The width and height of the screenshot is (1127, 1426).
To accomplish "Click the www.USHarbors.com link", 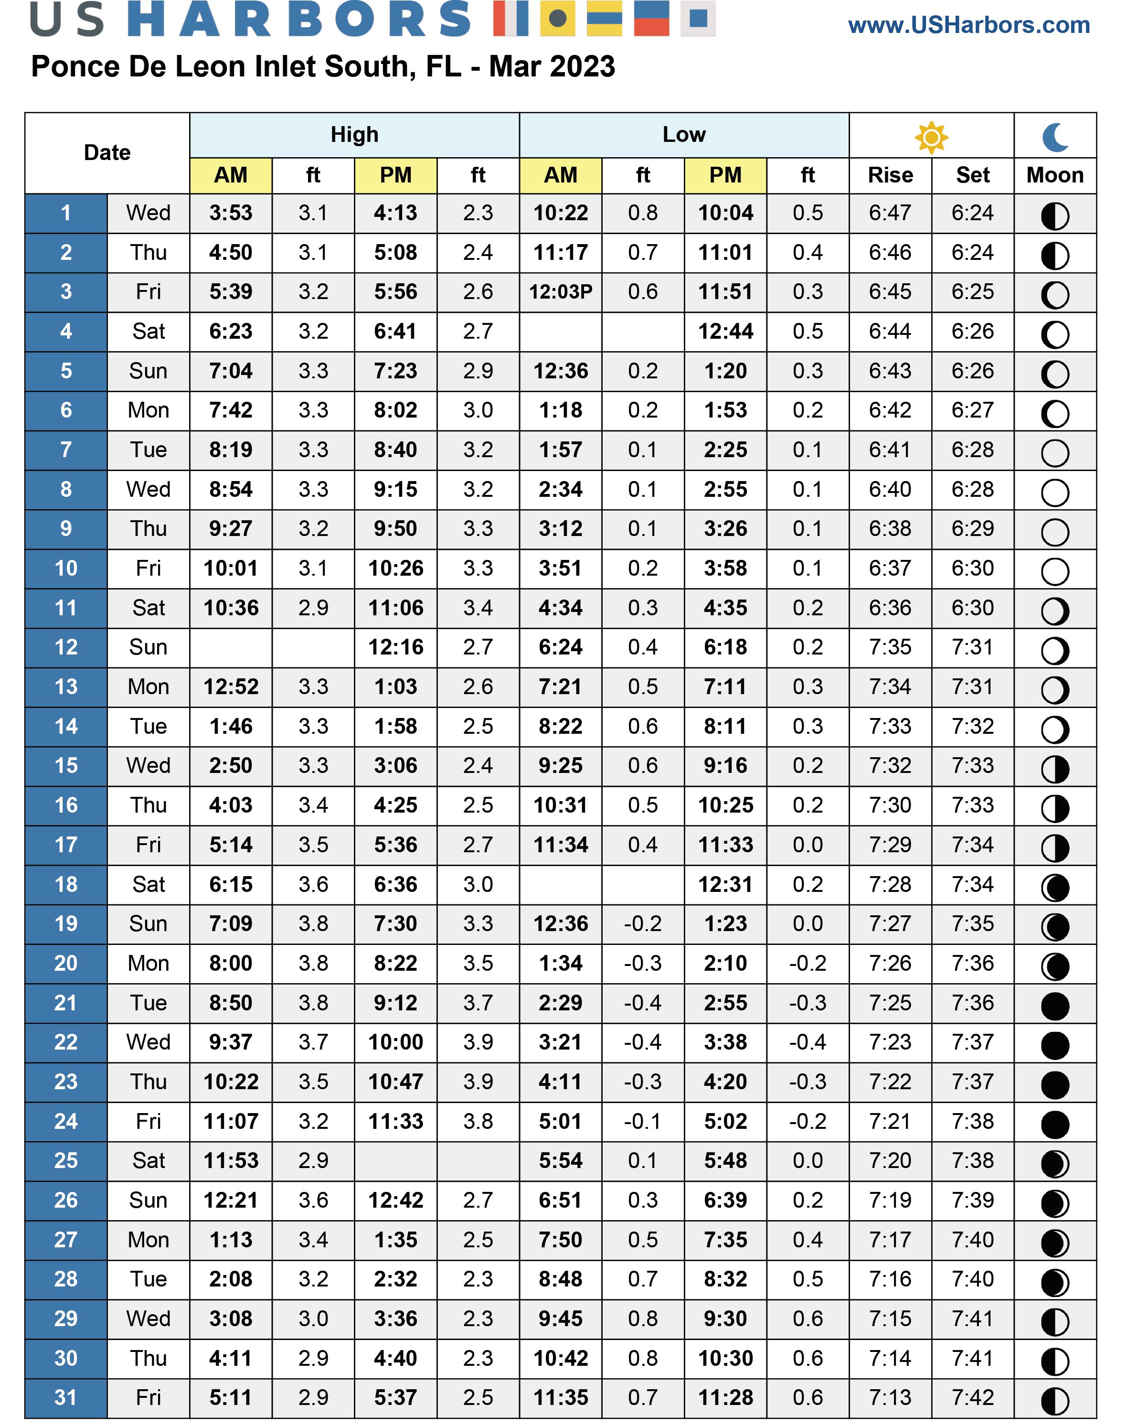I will pos(968,25).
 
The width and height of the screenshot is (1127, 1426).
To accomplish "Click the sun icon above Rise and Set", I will pos(931,137).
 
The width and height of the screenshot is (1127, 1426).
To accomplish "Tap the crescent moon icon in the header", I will pos(1054,137).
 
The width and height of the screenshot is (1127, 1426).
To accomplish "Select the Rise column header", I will pos(890,175).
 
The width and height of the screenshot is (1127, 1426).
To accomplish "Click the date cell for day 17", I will pos(66,845).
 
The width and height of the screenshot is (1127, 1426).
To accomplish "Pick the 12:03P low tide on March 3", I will pos(560,292).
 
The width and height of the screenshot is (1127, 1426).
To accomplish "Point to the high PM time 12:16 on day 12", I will pos(395,647).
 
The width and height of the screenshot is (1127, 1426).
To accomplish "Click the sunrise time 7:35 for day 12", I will pos(890,647).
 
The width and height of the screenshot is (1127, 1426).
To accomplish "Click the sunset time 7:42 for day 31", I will pos(973,1398).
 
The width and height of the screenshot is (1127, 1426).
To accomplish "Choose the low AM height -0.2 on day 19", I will pos(643,923).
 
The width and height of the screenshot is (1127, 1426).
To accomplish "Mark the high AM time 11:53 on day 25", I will pos(231,1160).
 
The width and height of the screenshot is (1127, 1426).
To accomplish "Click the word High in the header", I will pos(354,135).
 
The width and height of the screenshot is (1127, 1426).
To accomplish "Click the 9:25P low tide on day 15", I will pos(560,766).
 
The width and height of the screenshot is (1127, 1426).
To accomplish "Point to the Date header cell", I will pos(107,152).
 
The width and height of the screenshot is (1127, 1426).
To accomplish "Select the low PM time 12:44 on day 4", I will pos(725,332).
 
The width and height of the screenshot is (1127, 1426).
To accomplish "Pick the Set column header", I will pos(973,175).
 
